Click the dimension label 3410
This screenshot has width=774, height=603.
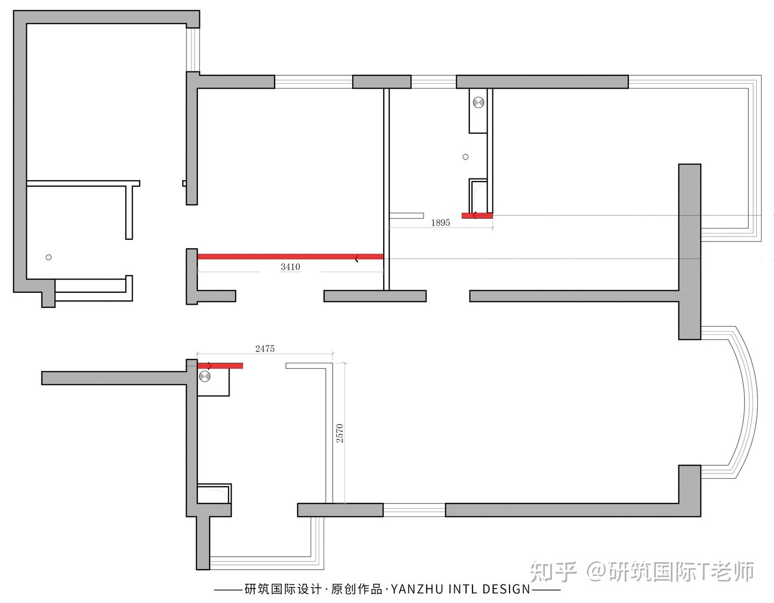pyautogui.click(x=290, y=267)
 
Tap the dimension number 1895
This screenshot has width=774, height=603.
pyautogui.click(x=440, y=222)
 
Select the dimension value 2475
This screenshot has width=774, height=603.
pyautogui.click(x=265, y=349)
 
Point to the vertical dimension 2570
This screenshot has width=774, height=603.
pyautogui.click(x=339, y=433)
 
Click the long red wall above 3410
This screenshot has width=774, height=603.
pyautogui.click(x=290, y=256)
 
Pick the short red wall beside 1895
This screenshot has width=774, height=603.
pyautogui.click(x=477, y=216)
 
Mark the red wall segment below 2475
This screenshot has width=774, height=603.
pyautogui.click(x=220, y=366)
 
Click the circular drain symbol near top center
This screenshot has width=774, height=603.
pyautogui.click(x=478, y=102)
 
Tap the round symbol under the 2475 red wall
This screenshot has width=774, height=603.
pyautogui.click(x=204, y=377)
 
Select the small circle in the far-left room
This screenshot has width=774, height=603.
pyautogui.click(x=48, y=257)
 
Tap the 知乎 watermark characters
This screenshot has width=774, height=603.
pyautogui.click(x=554, y=572)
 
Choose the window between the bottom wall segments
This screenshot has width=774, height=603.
pyautogui.click(x=414, y=510)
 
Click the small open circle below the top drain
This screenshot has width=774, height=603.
pyautogui.click(x=465, y=157)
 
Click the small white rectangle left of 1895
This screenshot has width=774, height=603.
pyautogui.click(x=406, y=216)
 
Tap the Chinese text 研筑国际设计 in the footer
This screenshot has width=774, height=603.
pyautogui.click(x=283, y=589)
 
